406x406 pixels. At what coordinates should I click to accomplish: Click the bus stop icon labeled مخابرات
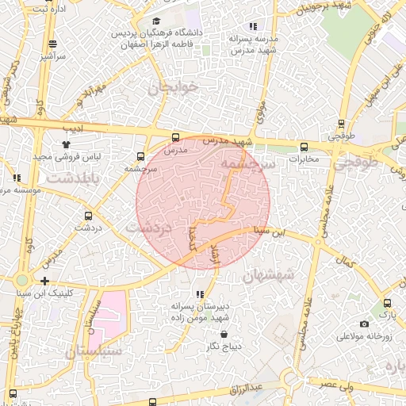[x=304, y=147]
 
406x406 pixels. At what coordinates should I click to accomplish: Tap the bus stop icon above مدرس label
[x=175, y=137]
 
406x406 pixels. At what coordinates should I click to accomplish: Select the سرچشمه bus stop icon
[x=140, y=156]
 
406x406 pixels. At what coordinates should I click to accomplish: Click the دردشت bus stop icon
[x=87, y=215]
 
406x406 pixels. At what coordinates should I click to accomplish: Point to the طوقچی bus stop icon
[x=341, y=123]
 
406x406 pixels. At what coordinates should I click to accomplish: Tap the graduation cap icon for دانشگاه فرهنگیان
[x=156, y=21]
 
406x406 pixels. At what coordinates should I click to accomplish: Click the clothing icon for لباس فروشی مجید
[x=67, y=144]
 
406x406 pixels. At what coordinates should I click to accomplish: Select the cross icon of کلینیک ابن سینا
[x=44, y=281]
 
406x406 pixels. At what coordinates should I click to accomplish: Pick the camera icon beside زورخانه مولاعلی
[x=364, y=324]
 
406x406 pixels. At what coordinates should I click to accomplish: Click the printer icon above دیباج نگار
[x=202, y=335]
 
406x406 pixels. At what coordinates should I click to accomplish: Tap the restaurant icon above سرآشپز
[x=52, y=44]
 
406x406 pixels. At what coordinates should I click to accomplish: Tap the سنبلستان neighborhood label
[x=94, y=350]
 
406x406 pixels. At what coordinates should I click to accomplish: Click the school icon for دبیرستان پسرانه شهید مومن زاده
[x=200, y=293]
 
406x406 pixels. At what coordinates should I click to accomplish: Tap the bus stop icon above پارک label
[x=386, y=303]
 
